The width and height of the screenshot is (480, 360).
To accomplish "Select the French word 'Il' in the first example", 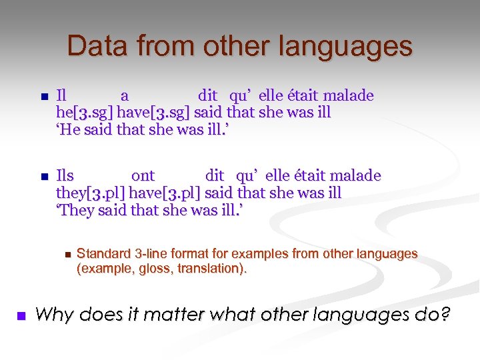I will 62,96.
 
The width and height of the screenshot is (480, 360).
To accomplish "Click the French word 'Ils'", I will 65,176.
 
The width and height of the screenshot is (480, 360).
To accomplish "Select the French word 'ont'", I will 143,176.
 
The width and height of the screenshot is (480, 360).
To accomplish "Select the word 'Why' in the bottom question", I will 52,314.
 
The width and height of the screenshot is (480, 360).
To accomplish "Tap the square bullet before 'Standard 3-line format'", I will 67,255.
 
